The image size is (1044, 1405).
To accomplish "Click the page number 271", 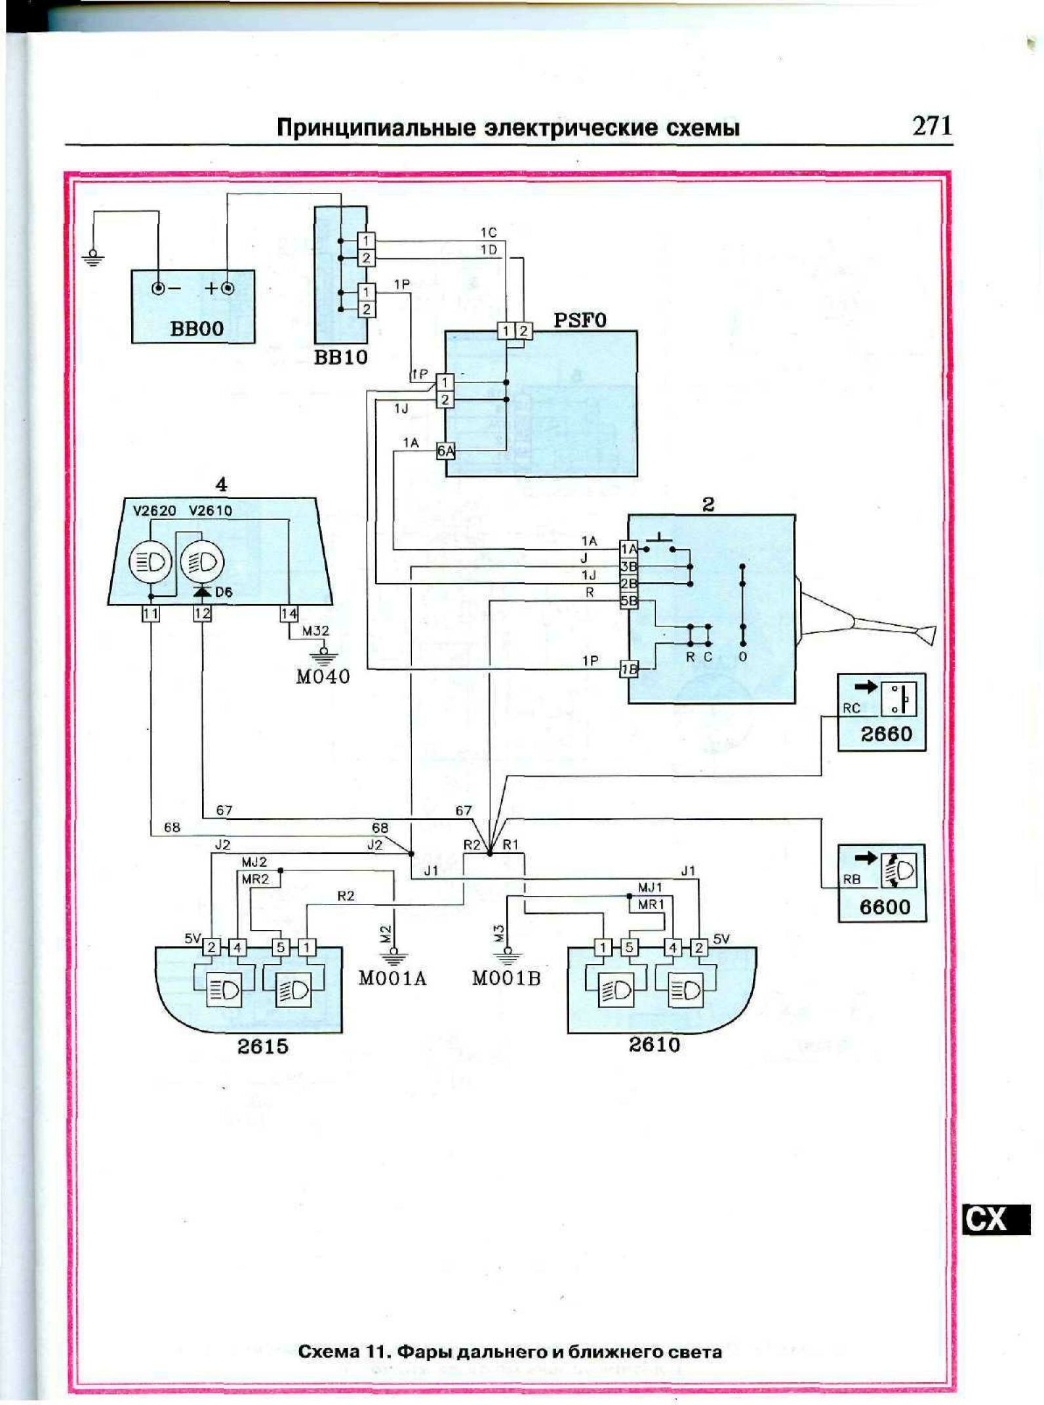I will (931, 125).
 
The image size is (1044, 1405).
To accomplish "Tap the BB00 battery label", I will (197, 329).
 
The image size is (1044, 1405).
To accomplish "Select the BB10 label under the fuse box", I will (340, 357).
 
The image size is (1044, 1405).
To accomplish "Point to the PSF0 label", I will (580, 320).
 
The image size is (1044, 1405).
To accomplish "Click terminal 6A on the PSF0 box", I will (445, 451).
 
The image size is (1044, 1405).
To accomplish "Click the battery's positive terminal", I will (228, 288).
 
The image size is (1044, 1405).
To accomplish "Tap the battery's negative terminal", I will (158, 288).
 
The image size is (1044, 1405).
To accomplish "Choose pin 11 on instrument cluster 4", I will (151, 614).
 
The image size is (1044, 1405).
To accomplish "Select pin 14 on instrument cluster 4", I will (289, 614).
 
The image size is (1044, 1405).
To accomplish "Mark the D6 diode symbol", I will (202, 592).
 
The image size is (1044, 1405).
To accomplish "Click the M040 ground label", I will (323, 676).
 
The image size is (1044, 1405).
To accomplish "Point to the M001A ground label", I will (392, 979).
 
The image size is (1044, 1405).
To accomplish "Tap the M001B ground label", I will (506, 979).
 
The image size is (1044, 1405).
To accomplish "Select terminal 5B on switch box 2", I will (629, 600).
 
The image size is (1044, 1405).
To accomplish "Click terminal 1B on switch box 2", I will (629, 670).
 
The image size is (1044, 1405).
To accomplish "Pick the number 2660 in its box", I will (886, 734).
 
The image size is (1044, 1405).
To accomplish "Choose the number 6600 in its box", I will (885, 907).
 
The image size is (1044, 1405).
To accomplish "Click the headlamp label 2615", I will (262, 1046).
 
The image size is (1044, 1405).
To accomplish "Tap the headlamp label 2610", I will (654, 1044).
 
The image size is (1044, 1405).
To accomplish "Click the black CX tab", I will (987, 1219).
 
